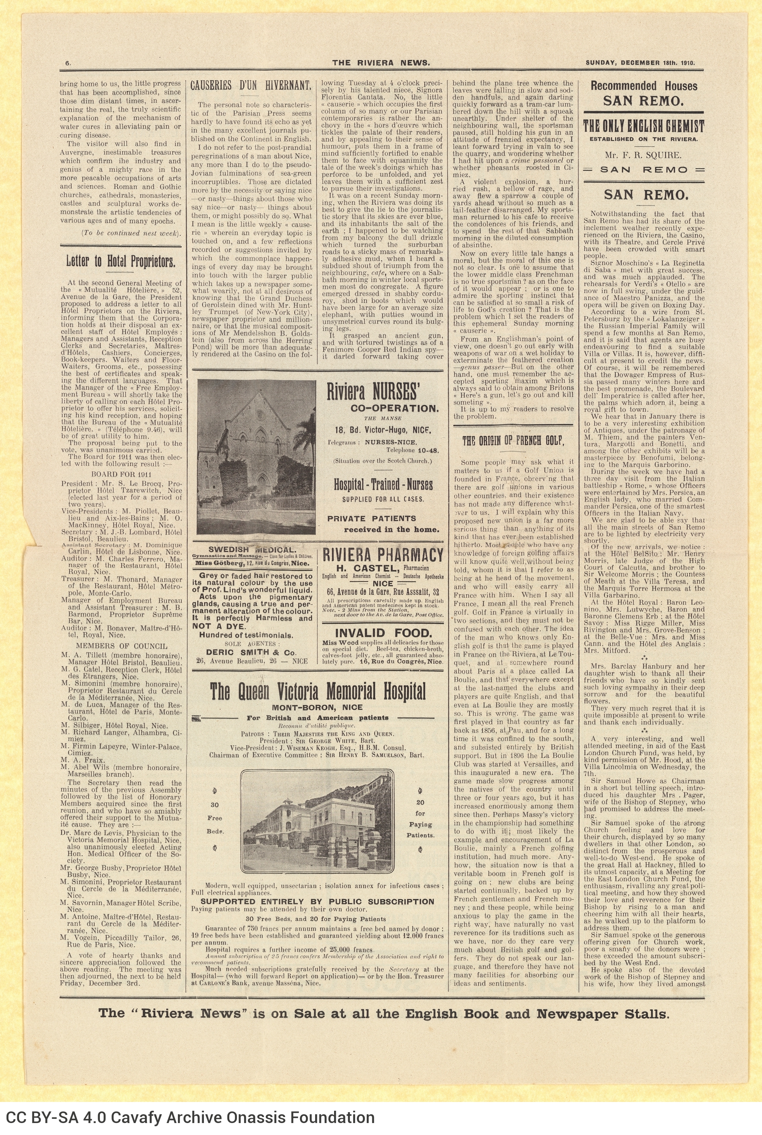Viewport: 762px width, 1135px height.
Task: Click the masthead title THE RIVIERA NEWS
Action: (x=381, y=62)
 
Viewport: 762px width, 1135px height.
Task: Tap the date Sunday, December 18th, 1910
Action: (x=640, y=62)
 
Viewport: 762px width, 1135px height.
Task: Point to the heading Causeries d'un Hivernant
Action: (x=250, y=86)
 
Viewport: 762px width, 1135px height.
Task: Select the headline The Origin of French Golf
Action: (x=513, y=441)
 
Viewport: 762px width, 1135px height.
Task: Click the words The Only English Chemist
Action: (x=643, y=127)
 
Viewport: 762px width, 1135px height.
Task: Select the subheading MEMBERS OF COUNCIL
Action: (x=122, y=646)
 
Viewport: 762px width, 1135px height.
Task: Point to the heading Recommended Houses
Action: (x=643, y=86)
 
